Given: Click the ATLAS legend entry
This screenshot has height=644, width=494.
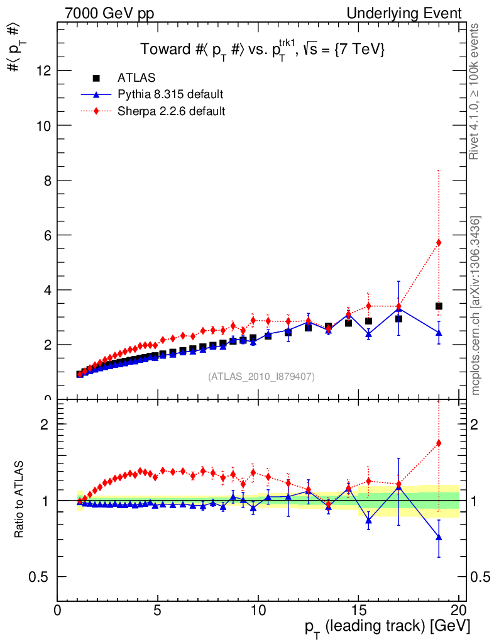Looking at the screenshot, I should coord(135,79).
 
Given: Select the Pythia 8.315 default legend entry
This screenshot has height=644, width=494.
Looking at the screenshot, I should coord(170,95).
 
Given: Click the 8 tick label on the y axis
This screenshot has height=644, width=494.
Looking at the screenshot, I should coord(47,180).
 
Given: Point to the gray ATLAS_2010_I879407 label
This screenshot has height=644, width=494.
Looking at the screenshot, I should coord(261,377).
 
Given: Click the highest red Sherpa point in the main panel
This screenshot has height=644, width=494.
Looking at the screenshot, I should coord(439,243).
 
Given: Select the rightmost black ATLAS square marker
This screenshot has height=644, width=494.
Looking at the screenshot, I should coord(439,306).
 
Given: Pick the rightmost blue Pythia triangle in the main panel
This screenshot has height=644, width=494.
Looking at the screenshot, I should coord(439,332).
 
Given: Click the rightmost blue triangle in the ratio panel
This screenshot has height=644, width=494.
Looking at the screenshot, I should coord(439,536).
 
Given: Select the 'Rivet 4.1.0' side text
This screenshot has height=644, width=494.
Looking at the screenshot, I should coord(475,91).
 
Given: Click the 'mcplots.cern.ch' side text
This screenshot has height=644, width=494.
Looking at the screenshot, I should coord(475,305).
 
